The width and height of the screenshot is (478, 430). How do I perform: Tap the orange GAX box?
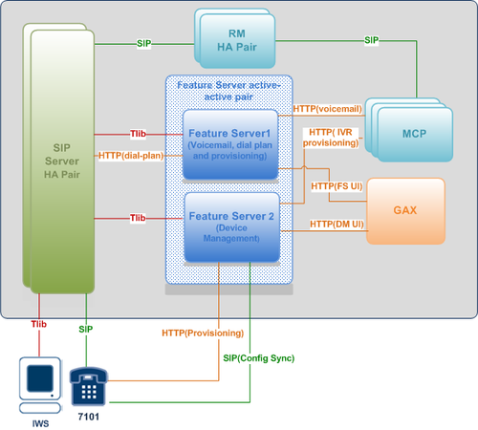405,211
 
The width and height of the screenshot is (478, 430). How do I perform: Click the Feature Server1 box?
230,144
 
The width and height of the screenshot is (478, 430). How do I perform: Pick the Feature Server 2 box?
232,227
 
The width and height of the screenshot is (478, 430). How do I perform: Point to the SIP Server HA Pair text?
62,161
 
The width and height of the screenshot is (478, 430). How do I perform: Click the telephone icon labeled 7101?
88,386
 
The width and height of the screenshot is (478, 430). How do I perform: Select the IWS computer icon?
40,385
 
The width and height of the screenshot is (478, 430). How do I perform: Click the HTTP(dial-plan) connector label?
131,156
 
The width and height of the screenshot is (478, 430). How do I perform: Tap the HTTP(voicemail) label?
328,109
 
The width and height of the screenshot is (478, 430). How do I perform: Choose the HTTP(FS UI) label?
337,186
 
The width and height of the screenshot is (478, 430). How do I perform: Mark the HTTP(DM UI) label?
337,225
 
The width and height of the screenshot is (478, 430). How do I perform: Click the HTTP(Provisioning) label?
203,333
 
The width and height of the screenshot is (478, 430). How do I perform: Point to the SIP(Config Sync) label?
259,358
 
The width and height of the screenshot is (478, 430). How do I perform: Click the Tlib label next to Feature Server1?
138,134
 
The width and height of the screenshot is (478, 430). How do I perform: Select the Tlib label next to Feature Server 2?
138,218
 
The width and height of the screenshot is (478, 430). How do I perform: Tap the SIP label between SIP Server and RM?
144,43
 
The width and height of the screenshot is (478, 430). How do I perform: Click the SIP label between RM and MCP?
372,40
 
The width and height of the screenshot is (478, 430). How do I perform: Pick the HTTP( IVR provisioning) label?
331,138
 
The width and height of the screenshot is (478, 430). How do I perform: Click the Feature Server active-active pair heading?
228,91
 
